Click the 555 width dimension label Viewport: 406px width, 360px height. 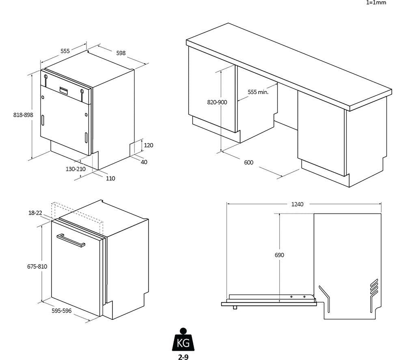pos(65,51)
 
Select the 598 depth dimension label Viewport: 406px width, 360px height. pos(121,53)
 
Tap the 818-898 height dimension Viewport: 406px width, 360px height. pos(23,115)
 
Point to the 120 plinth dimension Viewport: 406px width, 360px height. pos(149,145)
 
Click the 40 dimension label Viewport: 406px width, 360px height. pos(144,162)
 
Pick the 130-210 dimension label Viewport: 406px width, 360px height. pos(75,169)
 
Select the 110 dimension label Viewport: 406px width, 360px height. pos(110,178)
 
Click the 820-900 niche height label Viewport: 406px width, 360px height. pos(217,102)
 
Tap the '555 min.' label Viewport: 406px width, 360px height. pos(258,92)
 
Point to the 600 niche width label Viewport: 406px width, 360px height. pos(248,162)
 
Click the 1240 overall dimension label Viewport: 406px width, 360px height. pos(297,204)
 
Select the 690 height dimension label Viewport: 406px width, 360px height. pos(279,255)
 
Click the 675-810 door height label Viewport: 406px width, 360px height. pos(37,266)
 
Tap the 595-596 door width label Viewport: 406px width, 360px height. pos(62,310)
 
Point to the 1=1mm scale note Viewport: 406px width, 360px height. pos(376,2)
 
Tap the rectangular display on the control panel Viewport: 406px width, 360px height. pos(65,90)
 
